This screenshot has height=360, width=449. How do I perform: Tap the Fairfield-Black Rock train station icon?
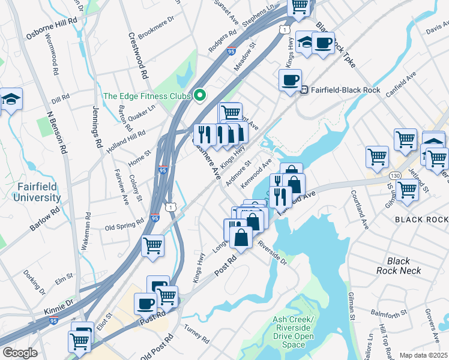pos(304,91)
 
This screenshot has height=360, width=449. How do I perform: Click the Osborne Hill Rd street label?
pos(52,28)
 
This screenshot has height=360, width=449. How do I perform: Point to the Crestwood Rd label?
pos(138,60)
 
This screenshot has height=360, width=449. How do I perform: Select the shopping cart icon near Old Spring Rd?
pos(152,245)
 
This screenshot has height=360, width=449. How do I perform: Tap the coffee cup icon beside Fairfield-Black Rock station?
pos(290,80)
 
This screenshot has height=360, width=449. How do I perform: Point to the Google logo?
pos(19,352)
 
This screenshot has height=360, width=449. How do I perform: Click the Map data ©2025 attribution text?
pos(423,355)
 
